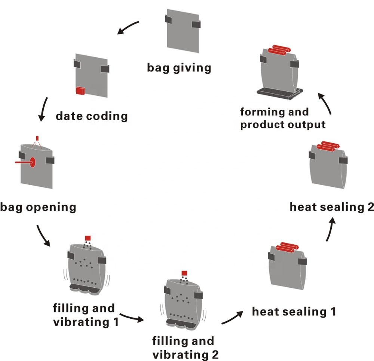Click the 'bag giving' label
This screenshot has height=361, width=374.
pyautogui.click(x=179, y=68)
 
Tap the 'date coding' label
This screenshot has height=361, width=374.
pyautogui.click(x=92, y=116)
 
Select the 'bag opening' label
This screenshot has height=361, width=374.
pyautogui.click(x=38, y=207)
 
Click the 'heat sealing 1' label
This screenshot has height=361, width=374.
pyautogui.click(x=294, y=311)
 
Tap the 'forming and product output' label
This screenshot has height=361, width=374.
pyautogui.click(x=283, y=118)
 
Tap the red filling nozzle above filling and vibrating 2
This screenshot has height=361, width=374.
pyautogui.click(x=184, y=273)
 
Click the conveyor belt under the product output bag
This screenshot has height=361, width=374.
pyautogui.click(x=279, y=92)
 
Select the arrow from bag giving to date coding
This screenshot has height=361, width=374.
pyautogui.click(x=128, y=28)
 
